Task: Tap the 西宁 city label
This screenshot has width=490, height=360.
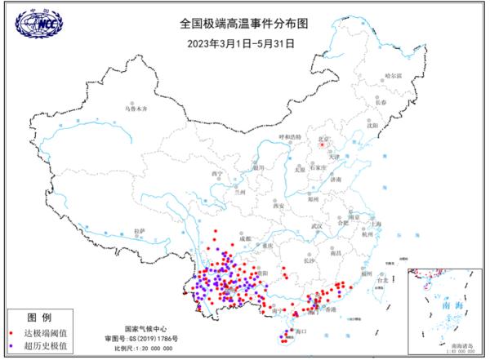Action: tap(216, 174)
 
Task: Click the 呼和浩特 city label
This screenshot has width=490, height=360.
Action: tap(290, 136)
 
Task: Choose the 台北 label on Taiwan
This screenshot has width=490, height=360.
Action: tap(380, 281)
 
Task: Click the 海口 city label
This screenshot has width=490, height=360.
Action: tap(300, 331)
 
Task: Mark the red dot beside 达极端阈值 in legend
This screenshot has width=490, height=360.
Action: tap(11, 334)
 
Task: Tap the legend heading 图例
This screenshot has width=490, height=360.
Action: tap(39, 318)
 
